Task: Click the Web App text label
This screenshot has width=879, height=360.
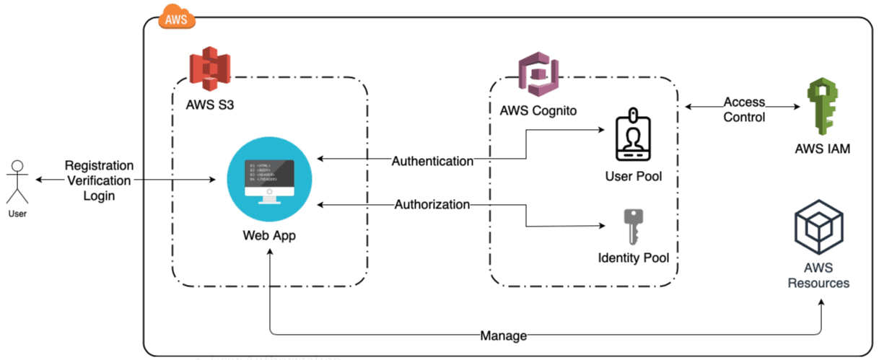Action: coord(269,235)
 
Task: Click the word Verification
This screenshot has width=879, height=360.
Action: coord(98,180)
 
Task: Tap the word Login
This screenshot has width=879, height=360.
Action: coord(98,196)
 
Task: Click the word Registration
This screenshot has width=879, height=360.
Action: coord(98,166)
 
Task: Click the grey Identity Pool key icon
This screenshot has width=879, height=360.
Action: coord(634,227)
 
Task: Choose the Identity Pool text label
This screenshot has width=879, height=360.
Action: coord(633,258)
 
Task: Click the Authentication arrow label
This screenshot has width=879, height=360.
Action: coord(432,161)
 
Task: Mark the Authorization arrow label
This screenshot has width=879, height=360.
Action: coord(432,205)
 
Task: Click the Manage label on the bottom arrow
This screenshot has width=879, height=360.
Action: coord(504,335)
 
